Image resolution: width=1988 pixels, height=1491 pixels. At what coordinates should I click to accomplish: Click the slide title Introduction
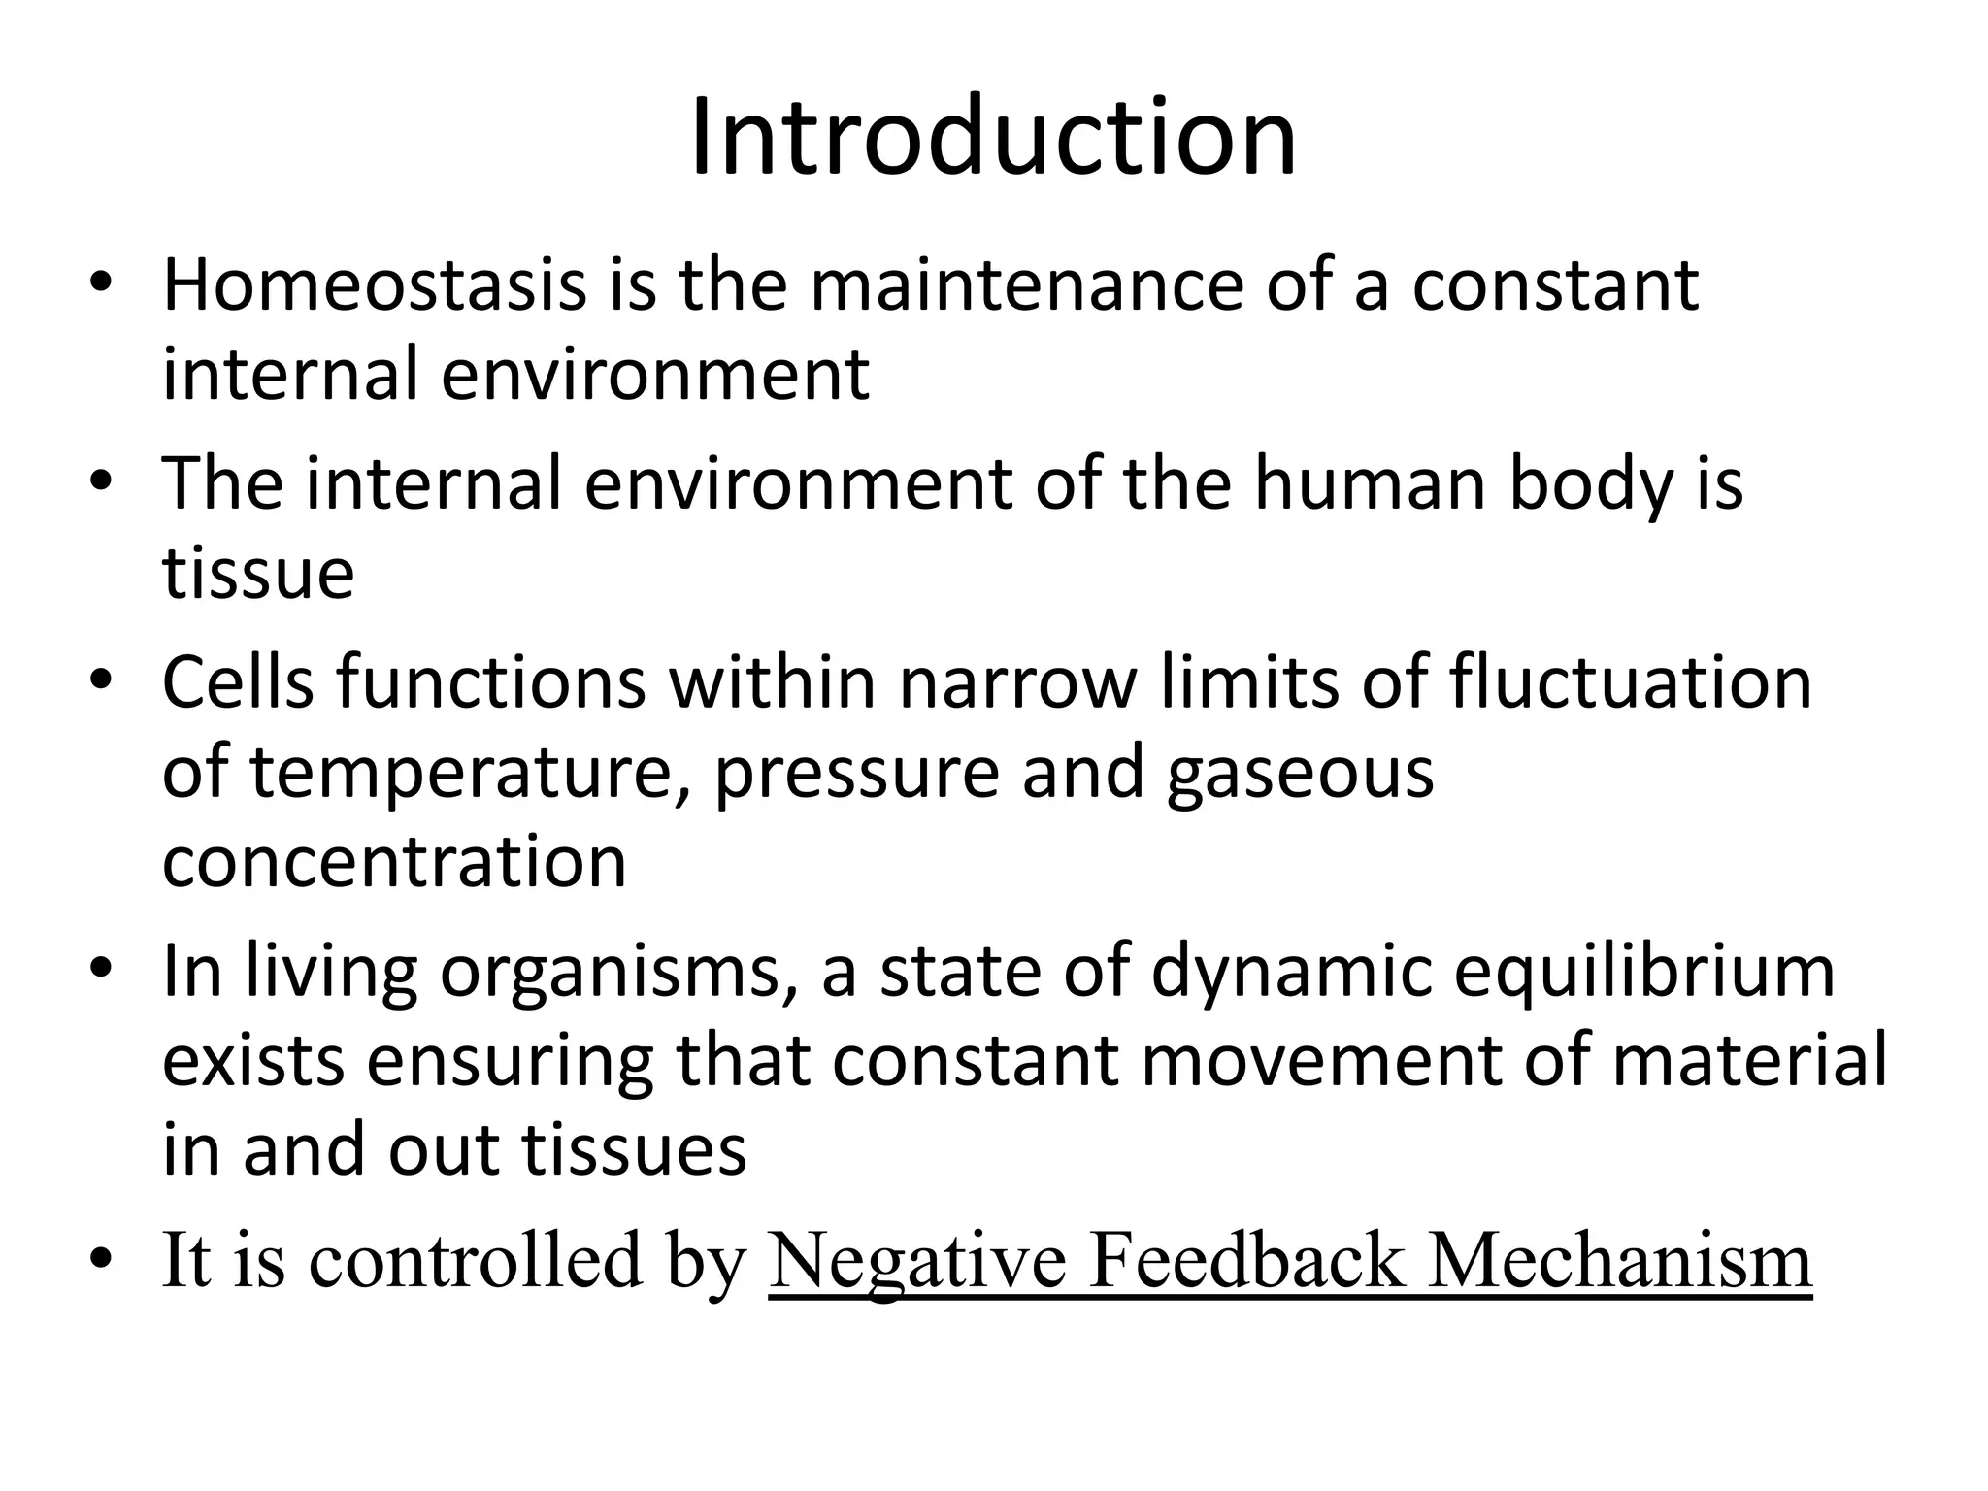993,138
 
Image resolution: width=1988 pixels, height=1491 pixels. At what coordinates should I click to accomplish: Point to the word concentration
394,861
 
